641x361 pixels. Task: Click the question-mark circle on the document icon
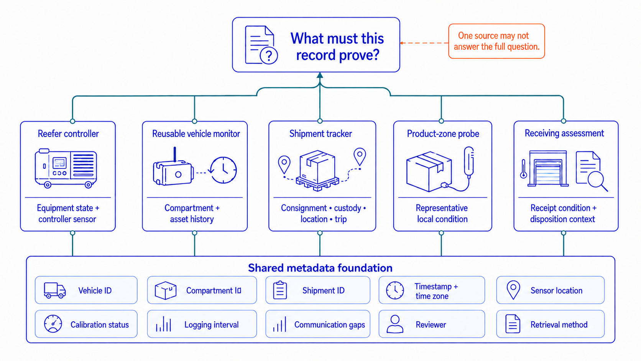268,55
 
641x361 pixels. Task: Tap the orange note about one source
496,41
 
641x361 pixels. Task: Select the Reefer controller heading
68,134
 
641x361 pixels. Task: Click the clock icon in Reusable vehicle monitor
223,170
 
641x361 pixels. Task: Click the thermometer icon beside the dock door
524,169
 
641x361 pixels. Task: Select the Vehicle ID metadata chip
86,290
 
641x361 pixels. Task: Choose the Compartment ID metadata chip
202,290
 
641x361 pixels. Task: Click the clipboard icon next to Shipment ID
280,290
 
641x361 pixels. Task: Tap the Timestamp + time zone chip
432,290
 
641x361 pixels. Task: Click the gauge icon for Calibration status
53,324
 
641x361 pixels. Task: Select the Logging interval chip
202,324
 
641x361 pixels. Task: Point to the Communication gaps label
330,325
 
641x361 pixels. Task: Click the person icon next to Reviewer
395,324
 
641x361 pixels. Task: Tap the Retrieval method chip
550,324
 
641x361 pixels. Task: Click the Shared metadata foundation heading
320,268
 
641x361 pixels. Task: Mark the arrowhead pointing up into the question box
320,75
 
